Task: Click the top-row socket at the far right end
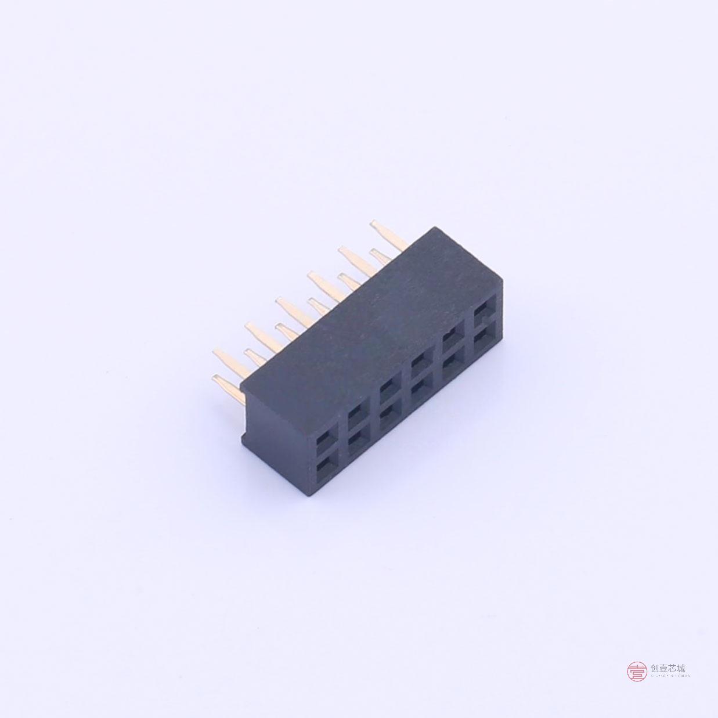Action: [x=484, y=315]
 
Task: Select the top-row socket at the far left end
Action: [x=326, y=435]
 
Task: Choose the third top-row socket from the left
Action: [x=388, y=388]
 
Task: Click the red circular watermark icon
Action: [x=637, y=672]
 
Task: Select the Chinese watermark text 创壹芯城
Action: [x=668, y=669]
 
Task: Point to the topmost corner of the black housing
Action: [x=430, y=229]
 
